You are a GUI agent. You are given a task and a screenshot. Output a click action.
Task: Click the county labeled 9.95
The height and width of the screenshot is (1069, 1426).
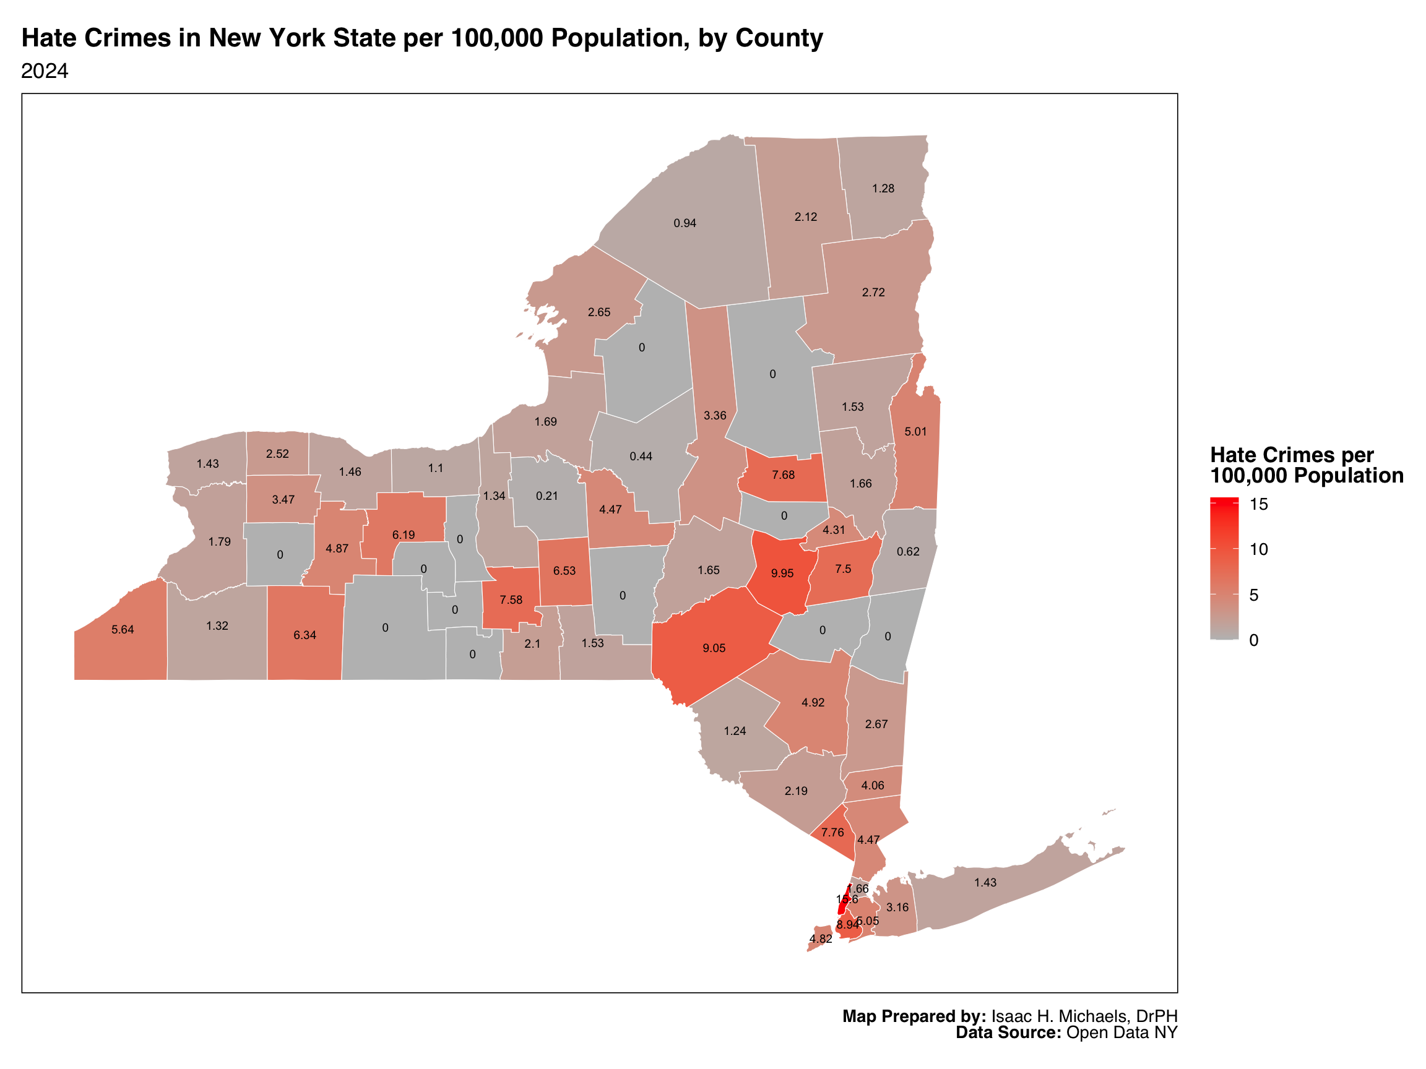coord(781,573)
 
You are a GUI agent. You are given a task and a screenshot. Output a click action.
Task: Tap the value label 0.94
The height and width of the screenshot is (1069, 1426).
coord(685,223)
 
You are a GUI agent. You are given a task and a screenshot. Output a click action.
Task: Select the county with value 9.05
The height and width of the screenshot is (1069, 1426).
coord(714,648)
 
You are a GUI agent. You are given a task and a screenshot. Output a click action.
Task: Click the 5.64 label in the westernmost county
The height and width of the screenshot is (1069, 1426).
coord(123,630)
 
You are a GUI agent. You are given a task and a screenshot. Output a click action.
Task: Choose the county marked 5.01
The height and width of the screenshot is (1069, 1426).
coord(915,431)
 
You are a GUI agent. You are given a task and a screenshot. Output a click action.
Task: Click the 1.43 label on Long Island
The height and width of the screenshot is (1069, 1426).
coord(985,882)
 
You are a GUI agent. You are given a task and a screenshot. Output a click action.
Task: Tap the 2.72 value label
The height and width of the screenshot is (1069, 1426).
coord(873,292)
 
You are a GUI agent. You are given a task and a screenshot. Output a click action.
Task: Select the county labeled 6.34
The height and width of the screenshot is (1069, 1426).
coord(305,635)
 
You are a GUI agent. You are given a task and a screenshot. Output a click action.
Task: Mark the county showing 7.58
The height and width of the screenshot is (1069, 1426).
coord(511,599)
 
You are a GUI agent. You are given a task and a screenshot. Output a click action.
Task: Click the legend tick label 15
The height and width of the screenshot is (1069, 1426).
coord(1258,504)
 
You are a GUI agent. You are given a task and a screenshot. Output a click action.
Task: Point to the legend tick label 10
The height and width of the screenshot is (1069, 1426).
coord(1258,549)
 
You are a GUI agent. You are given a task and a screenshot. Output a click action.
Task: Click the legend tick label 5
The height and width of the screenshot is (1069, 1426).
coord(1253,595)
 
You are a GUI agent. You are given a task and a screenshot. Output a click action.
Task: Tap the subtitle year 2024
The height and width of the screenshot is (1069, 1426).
coord(45,71)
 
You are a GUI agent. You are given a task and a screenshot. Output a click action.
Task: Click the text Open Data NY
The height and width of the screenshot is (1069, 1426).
coord(1121,1033)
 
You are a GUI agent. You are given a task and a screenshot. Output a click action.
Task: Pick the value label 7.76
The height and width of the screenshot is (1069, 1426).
coord(832,832)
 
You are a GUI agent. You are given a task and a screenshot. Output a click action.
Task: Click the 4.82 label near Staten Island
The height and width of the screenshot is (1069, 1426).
coord(820,938)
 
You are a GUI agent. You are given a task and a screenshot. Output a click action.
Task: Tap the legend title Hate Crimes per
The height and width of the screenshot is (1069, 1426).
coord(1291,455)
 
